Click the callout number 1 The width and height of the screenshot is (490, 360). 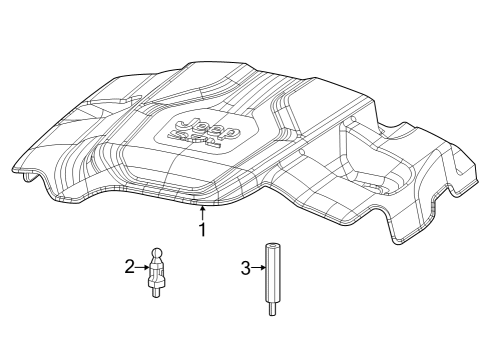[x=202, y=230]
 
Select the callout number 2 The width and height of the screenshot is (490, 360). [x=129, y=266]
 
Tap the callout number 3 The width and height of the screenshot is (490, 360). [x=244, y=267]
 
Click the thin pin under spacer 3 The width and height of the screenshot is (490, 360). [x=271, y=310]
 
